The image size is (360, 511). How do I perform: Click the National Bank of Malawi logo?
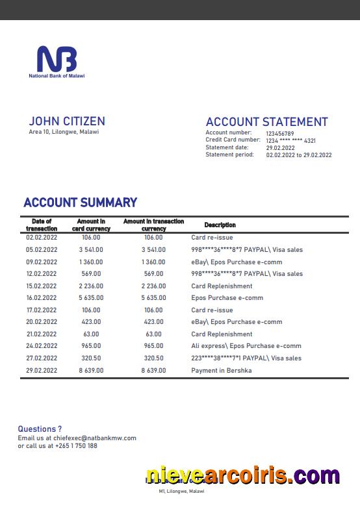click(57, 62)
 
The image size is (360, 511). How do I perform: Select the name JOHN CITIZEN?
click(66, 121)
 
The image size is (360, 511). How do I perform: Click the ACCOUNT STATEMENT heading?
click(266, 122)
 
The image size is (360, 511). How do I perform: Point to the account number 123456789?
click(279, 133)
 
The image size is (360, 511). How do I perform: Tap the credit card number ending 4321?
click(290, 140)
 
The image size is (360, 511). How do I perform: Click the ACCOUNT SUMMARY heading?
click(80, 203)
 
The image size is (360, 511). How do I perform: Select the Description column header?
click(220, 225)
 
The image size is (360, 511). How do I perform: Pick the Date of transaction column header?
click(42, 225)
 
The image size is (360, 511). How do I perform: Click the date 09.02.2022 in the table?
click(42, 262)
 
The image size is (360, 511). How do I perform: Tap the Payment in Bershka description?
click(221, 370)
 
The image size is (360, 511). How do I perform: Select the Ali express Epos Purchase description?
click(246, 346)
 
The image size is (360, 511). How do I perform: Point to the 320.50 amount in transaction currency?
click(153, 358)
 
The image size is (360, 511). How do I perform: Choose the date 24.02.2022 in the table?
click(42, 346)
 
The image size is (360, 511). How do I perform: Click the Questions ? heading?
click(40, 429)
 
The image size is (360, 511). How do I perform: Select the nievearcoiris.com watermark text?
click(242, 476)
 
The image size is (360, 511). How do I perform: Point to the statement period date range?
click(298, 155)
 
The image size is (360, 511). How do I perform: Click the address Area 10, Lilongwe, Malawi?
click(64, 132)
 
